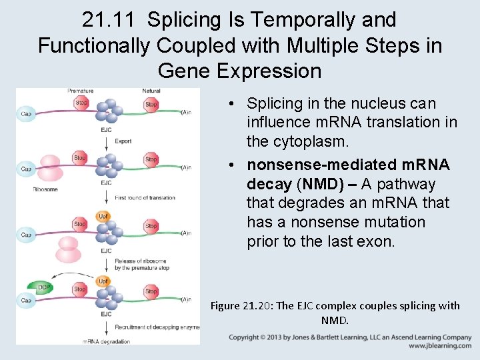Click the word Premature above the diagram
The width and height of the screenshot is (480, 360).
(81, 91)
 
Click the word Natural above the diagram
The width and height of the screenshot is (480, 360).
(151, 91)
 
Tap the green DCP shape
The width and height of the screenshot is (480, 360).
(42, 287)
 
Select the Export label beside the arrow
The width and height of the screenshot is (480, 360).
(123, 141)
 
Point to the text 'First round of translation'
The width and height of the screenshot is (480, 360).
(145, 198)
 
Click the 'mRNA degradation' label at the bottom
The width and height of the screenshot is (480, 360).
(107, 341)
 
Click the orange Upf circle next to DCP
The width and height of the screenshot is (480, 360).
(103, 281)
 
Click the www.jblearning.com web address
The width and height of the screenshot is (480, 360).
(440, 347)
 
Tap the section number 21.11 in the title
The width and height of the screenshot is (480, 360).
(111, 20)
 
